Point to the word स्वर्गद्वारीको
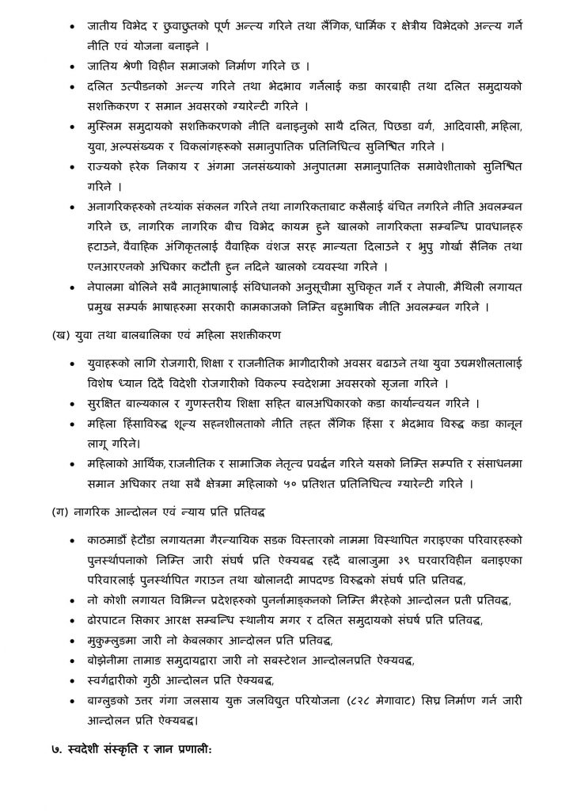point(120,680)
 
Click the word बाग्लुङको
point(114,701)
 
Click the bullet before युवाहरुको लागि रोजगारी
point(73,361)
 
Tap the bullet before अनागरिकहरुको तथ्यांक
point(73,207)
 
